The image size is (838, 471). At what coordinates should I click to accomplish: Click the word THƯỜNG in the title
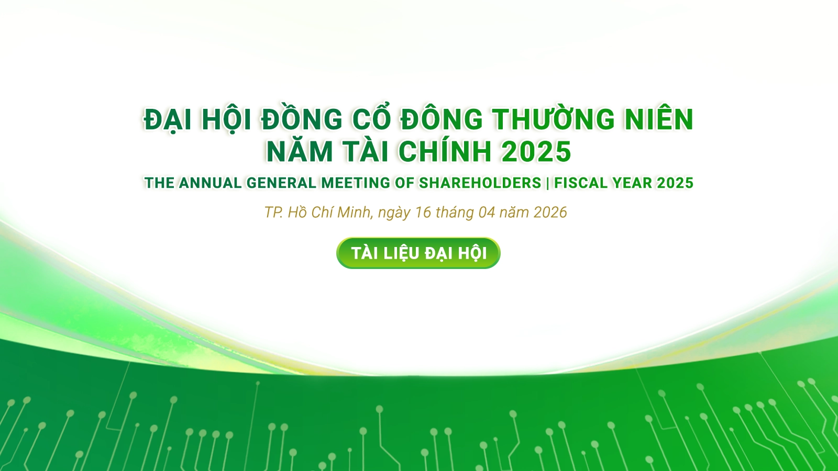[553, 119]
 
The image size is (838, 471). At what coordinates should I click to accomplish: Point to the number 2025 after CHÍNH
[536, 151]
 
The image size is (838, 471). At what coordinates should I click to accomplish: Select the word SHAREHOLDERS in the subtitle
[480, 183]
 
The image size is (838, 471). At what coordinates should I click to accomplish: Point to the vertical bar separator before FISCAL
[548, 183]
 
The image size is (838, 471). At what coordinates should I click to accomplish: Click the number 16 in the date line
[423, 212]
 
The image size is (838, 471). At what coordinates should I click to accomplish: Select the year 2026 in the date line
[550, 212]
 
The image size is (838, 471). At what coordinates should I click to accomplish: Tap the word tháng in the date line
[455, 213]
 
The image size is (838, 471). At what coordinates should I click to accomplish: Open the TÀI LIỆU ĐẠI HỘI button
[418, 253]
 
